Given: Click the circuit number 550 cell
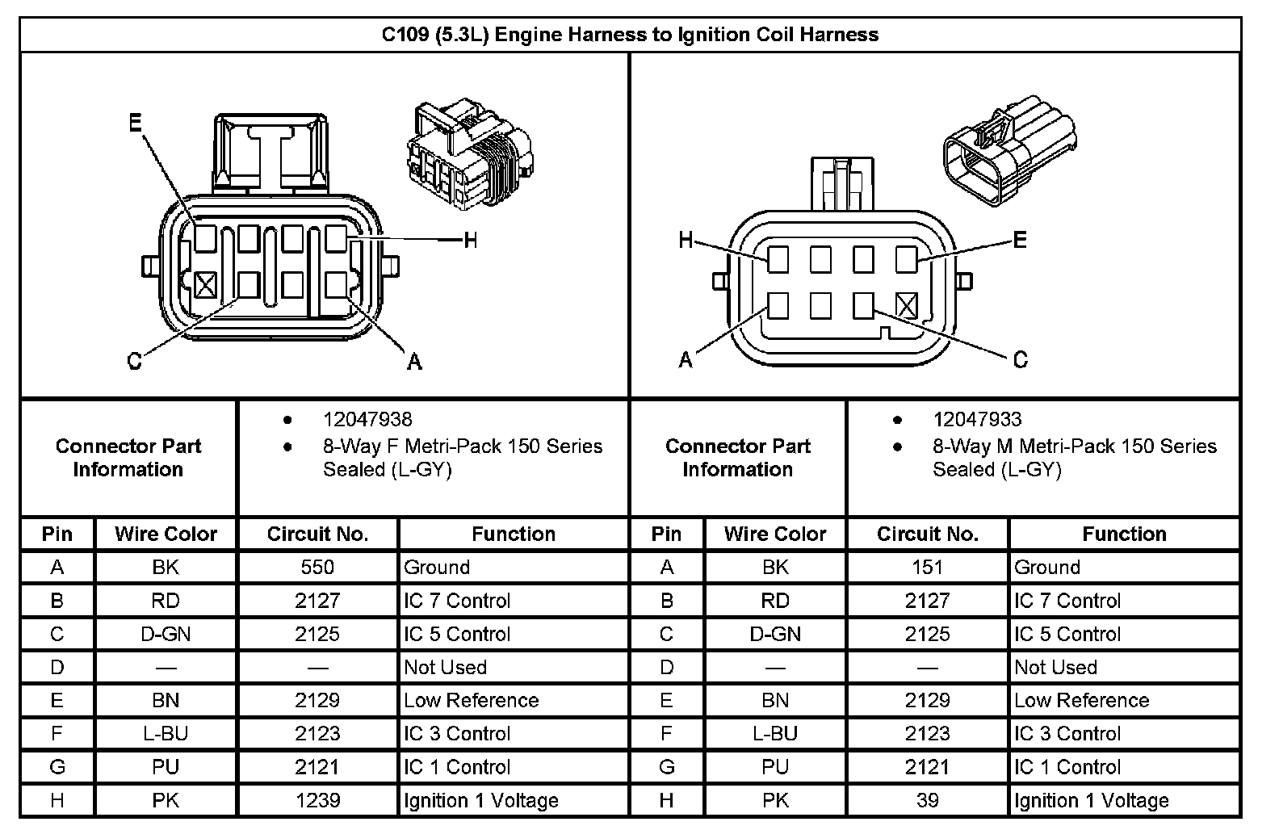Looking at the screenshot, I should click(x=317, y=568).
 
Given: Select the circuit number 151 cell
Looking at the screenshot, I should click(x=927, y=568).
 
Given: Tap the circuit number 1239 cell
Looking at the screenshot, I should click(x=317, y=800).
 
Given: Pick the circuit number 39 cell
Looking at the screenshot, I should click(x=927, y=800).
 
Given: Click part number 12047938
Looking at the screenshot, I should click(x=367, y=420).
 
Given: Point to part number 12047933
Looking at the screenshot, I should click(x=977, y=420).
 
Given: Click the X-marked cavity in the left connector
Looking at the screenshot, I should click(x=206, y=284).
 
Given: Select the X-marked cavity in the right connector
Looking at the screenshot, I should click(x=907, y=305).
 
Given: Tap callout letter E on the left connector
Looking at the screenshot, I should click(x=135, y=122).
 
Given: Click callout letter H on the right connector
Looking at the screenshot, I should click(x=686, y=240).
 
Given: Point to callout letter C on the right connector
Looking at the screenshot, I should click(x=1020, y=359).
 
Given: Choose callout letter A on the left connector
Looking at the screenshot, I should click(x=414, y=362).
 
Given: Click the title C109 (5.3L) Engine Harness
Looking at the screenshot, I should click(x=630, y=35).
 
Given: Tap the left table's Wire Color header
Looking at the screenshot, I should click(x=166, y=534).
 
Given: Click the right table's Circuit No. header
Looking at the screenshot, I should click(x=927, y=534).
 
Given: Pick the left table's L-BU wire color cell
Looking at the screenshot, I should click(x=166, y=734).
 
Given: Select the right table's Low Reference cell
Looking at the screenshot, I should click(x=1081, y=701).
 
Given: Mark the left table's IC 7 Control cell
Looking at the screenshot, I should click(x=457, y=601).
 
